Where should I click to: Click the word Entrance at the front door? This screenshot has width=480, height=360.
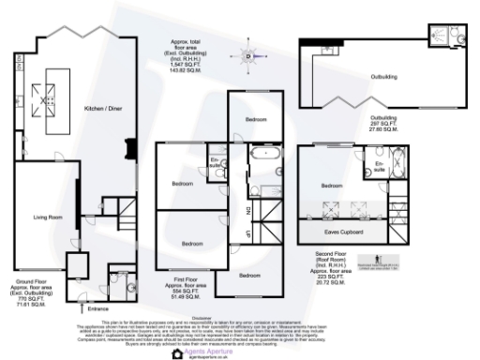pos(98,307)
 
